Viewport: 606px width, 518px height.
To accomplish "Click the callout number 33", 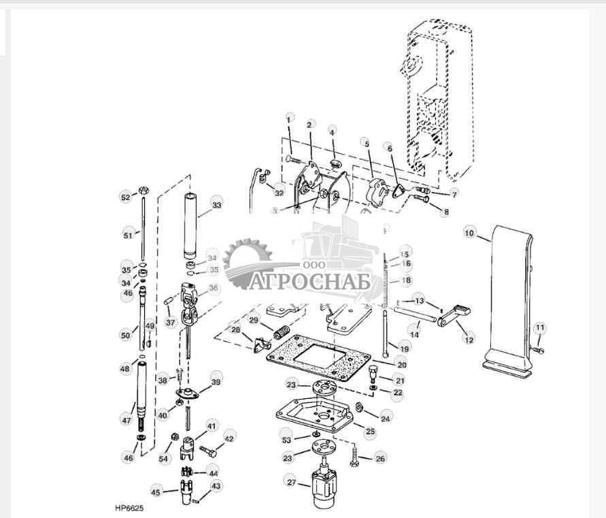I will click(216, 205).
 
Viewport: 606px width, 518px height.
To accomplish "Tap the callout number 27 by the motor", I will click(291, 483).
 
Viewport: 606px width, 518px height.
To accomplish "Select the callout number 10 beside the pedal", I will click(469, 233).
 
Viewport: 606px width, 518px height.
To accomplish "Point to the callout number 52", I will click(124, 197).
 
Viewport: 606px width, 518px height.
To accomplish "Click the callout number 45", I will click(156, 492).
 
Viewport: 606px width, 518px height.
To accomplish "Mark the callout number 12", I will click(469, 338).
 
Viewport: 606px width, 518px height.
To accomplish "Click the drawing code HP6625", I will click(129, 508).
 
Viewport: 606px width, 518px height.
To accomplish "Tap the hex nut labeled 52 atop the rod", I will click(144, 190).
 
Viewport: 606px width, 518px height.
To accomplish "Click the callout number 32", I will click(280, 193).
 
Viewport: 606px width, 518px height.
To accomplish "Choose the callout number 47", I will click(127, 420).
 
